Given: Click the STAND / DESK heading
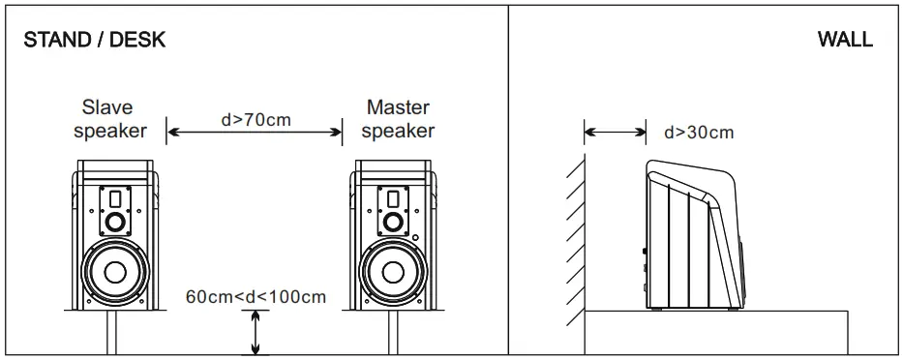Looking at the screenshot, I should (95, 40).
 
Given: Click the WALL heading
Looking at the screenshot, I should (845, 40).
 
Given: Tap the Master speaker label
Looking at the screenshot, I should (398, 119).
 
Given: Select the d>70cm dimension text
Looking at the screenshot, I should (256, 120).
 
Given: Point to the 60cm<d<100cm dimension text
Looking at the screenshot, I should (256, 296).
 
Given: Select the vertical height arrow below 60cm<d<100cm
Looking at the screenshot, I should (256, 332).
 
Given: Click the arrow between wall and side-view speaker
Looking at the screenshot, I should (615, 133).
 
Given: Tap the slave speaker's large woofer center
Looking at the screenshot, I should (115, 271).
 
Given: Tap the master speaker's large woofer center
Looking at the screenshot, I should (392, 271).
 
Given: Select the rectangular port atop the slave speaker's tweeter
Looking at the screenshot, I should (115, 199).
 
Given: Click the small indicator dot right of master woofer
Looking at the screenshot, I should (415, 236).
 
